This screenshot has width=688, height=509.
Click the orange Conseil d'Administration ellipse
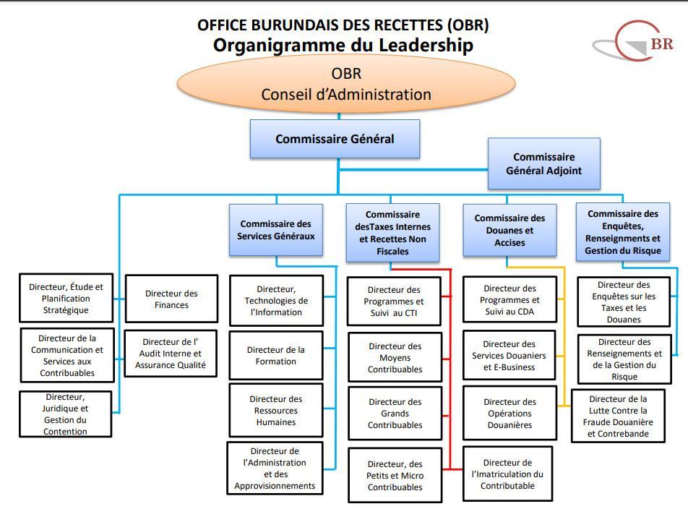pyautogui.click(x=345, y=84)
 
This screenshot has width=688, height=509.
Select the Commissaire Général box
pyautogui.click(x=335, y=139)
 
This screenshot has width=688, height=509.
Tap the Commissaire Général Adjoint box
pyautogui.click(x=543, y=164)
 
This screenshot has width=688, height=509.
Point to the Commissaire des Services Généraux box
pyautogui.click(x=275, y=230)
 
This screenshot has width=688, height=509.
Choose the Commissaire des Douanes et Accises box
pyautogui.click(x=509, y=230)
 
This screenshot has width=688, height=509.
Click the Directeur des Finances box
pyautogui.click(x=171, y=299)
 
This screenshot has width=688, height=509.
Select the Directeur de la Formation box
pyautogui.click(x=275, y=355)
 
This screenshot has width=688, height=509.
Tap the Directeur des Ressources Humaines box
pyautogui.click(x=275, y=410)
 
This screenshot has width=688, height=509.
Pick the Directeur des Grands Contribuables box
pyautogui.click(x=395, y=413)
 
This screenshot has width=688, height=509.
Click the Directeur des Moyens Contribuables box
pyautogui.click(x=395, y=357)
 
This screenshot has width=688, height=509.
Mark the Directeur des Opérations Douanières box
pyautogui.click(x=509, y=413)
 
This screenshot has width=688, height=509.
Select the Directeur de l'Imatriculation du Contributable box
pyautogui.click(x=507, y=474)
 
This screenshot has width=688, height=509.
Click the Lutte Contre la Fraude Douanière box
pyautogui.click(x=617, y=416)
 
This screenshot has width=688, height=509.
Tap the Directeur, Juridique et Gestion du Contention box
pyautogui.click(x=65, y=414)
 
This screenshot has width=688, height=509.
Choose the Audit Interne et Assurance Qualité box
pyautogui.click(x=171, y=354)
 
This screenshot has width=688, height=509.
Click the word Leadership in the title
pyautogui.click(x=413, y=45)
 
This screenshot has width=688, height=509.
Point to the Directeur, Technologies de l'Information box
pyautogui.click(x=275, y=300)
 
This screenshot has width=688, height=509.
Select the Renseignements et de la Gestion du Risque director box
pyautogui.click(x=624, y=359)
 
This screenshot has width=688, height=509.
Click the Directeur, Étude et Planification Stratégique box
pyautogui.click(x=66, y=298)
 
